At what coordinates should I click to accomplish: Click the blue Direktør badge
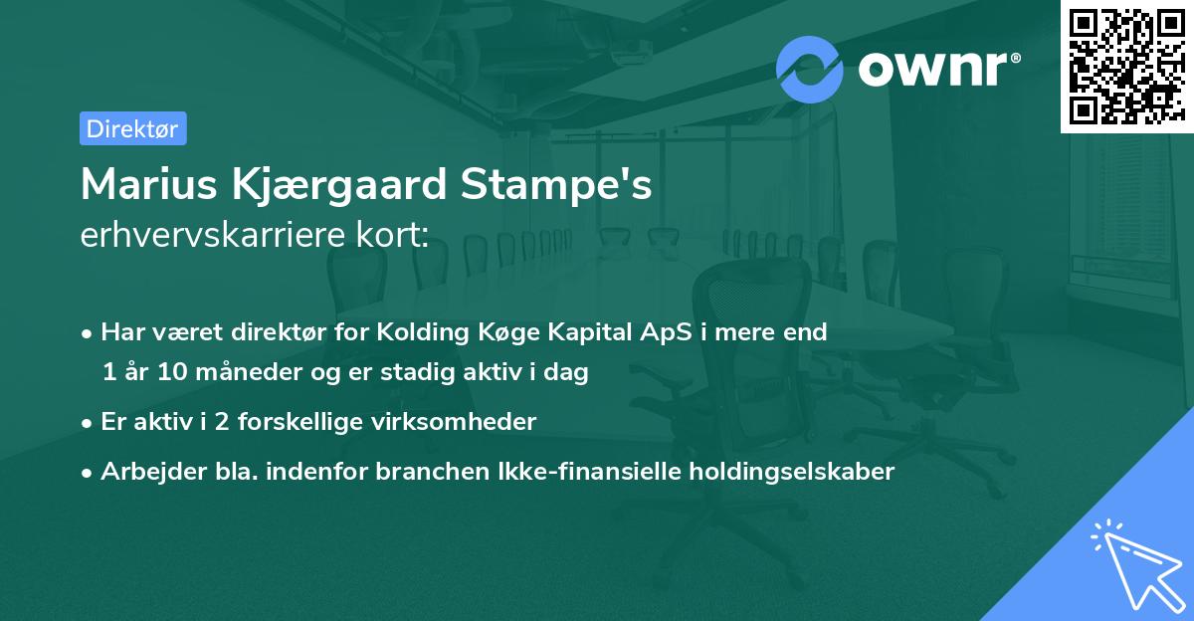(132, 128)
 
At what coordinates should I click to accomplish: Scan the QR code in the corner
(1125, 66)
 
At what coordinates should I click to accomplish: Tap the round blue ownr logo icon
(810, 69)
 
